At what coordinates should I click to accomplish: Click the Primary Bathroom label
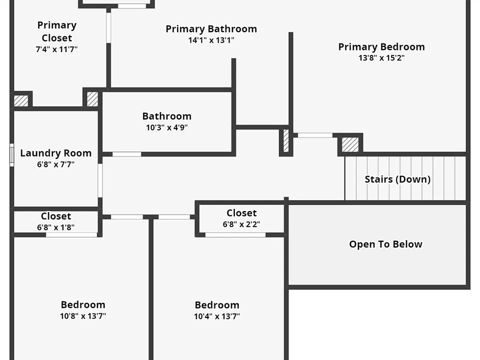[211, 29]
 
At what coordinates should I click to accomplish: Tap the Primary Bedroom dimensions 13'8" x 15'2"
[381, 57]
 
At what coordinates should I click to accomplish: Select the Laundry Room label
[55, 153]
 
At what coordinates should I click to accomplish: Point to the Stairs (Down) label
[397, 179]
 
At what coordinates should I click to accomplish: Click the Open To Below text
[385, 244]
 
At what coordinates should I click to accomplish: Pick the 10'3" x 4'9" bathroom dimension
[167, 127]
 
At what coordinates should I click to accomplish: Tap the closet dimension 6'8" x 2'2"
[241, 224]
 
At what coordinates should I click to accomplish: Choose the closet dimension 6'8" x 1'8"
[55, 227]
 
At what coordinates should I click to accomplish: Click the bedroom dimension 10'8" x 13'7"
[83, 315]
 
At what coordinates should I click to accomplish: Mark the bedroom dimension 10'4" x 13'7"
[216, 316]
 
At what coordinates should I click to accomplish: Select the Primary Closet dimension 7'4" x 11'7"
[56, 49]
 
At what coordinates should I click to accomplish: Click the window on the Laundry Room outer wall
[11, 155]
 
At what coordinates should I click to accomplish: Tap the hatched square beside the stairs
[350, 144]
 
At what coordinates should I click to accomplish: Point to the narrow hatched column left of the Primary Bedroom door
[286, 140]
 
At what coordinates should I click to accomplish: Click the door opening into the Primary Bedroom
[315, 135]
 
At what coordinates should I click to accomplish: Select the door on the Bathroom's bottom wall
[126, 154]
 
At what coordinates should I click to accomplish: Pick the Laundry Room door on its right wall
[100, 180]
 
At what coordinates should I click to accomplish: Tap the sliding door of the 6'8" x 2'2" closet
[235, 235]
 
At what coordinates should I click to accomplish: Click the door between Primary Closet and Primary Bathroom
[108, 27]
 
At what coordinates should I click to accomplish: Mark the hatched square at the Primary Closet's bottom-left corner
[21, 100]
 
